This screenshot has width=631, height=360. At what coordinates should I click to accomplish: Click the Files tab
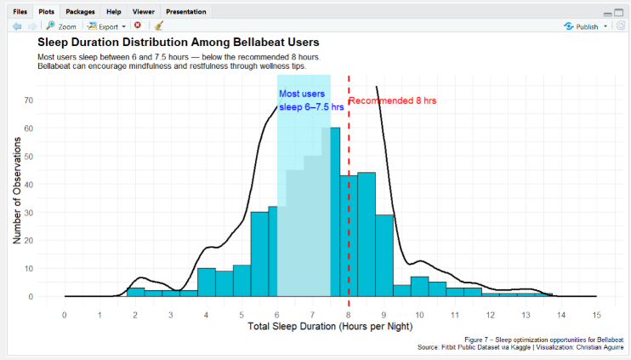coord(20,12)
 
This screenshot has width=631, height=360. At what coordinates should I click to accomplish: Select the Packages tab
coord(80,12)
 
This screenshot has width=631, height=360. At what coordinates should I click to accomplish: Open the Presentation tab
coord(185,12)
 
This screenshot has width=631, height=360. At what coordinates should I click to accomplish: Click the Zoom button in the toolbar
coord(60,26)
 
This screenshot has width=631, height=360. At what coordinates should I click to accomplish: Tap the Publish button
coord(586,26)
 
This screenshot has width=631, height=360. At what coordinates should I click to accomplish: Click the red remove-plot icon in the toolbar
coord(138,26)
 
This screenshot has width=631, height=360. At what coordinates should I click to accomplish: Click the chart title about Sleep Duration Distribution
coord(178,42)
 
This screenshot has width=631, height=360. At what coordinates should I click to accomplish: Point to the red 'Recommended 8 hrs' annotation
coord(393,100)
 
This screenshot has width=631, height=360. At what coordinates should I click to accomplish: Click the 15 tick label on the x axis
coord(597,314)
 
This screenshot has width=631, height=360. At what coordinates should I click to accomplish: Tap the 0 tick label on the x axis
coord(65,314)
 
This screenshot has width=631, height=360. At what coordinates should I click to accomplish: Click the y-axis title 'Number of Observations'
coord(17,192)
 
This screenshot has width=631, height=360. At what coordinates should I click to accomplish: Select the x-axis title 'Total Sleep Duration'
coord(331,327)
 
